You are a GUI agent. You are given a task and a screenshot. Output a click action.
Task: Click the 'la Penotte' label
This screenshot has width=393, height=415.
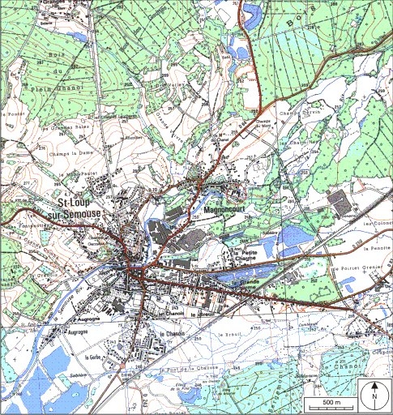pos(378,248)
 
